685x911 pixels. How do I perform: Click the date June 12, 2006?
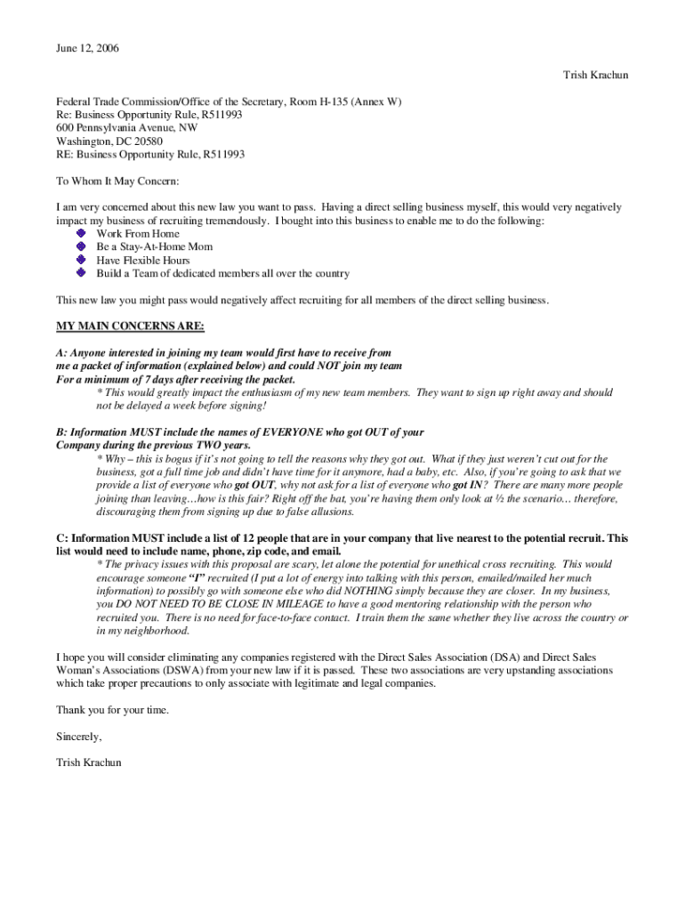pos(87,48)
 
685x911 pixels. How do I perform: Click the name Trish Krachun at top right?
pos(595,75)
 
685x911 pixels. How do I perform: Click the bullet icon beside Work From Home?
pos(82,233)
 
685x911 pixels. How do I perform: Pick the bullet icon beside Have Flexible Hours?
pos(82,260)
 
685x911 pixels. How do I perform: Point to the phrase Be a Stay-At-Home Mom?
pos(154,246)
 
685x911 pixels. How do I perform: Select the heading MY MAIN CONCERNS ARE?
pos(130,325)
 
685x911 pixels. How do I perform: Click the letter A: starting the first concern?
pos(61,352)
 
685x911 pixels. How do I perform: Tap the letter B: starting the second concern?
pos(61,432)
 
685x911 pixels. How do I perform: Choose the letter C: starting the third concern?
pos(61,538)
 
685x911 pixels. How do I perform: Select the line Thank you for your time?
pos(112,710)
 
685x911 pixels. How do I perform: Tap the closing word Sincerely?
pos(79,737)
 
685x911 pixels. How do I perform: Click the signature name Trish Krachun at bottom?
pos(89,762)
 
